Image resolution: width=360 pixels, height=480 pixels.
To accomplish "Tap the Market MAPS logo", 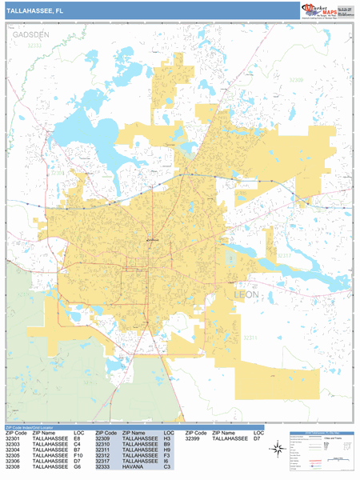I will click(x=326, y=10).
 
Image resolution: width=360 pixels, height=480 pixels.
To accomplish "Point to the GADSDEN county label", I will click(x=30, y=35).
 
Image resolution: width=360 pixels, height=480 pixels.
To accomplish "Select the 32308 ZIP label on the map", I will click(x=296, y=80).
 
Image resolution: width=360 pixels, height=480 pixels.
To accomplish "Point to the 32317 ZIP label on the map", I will click(x=284, y=256).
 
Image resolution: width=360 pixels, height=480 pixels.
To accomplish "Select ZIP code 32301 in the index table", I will click(x=14, y=438).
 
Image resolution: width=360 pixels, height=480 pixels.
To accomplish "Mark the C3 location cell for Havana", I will click(x=166, y=467).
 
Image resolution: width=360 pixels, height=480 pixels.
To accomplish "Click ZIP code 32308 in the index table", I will click(x=14, y=467).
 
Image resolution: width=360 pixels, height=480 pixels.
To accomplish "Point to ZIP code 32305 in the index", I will click(x=14, y=456).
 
